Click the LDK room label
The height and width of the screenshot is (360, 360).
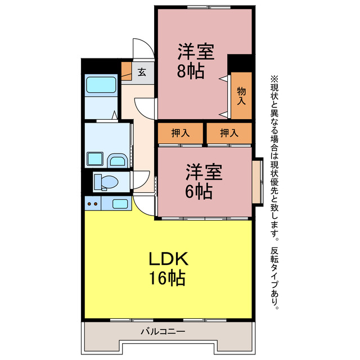click(167, 259)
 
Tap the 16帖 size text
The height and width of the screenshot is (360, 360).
click(167, 278)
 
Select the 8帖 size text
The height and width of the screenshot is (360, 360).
click(191, 71)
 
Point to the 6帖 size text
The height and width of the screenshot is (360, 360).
click(199, 191)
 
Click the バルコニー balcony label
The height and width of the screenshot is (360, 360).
click(163, 332)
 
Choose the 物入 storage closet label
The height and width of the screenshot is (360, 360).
click(241, 96)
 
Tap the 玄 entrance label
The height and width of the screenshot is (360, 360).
click(142, 71)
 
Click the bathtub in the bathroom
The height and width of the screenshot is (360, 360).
click(101, 85)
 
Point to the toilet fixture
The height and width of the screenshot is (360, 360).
click(105, 181)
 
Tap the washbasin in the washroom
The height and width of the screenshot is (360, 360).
click(118, 161)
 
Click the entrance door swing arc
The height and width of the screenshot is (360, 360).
click(141, 46)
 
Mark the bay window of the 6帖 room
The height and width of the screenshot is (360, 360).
click(258, 182)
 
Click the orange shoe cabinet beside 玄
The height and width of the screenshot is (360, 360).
click(126, 71)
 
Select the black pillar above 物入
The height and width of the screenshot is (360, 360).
click(240, 62)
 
